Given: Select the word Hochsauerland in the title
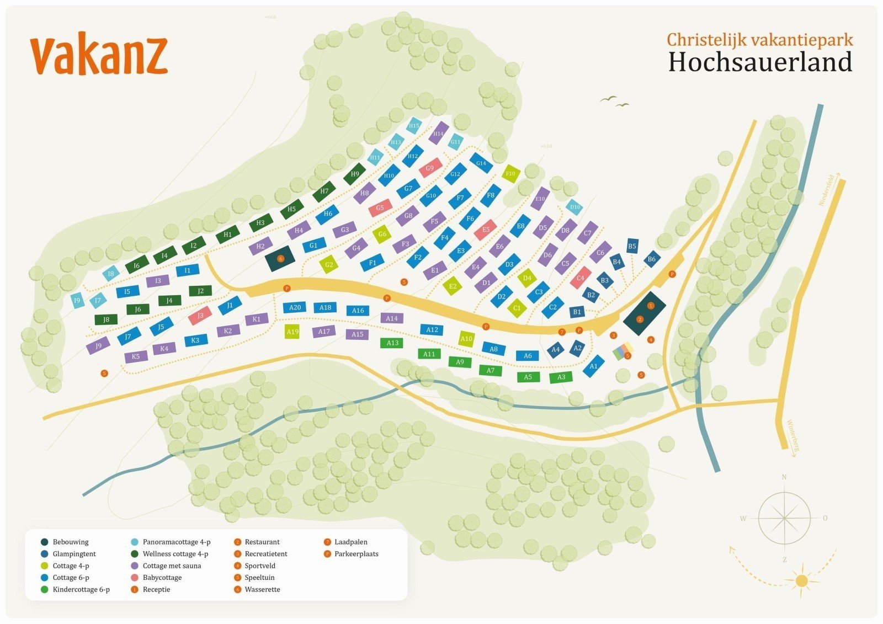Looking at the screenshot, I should coord(760,62).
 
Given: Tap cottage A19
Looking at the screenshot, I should coord(292,332).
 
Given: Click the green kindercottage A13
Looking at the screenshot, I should coord(392,343).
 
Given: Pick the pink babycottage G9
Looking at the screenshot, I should coord(430,168).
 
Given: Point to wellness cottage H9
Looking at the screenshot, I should coord(355,174).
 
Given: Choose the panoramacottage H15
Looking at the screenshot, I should coord(414,126).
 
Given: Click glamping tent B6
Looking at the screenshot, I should coord(652,259).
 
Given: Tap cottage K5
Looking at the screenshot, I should coord(136,356).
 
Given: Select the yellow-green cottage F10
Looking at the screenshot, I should coord(510,173).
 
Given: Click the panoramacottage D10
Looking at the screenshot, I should coord(575,207).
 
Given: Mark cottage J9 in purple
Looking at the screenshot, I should coord(98,346).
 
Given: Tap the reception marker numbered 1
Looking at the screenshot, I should coord(651,305).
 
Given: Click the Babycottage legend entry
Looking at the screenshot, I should coord(162,578).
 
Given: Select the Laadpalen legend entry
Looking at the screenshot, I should coord(350,542).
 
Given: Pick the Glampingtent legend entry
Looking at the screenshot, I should coord(74,554).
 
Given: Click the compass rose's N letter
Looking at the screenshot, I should coord(784,477).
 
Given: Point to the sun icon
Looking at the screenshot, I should coord(801,580).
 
